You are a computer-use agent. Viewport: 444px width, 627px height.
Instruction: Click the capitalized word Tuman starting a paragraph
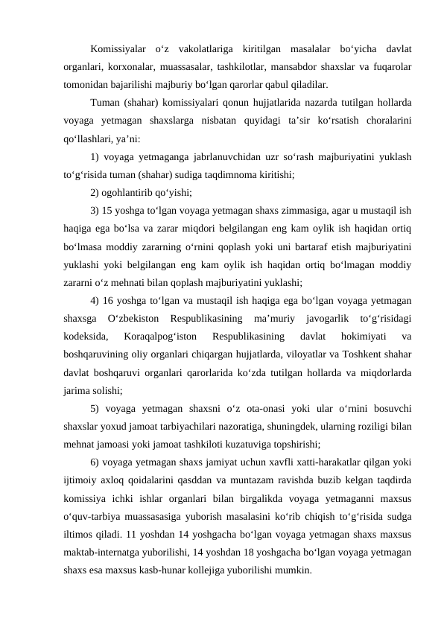click(x=104, y=101)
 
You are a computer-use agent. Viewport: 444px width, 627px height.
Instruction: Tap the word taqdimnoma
click(x=223, y=175)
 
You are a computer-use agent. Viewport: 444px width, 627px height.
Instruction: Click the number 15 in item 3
click(x=110, y=209)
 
